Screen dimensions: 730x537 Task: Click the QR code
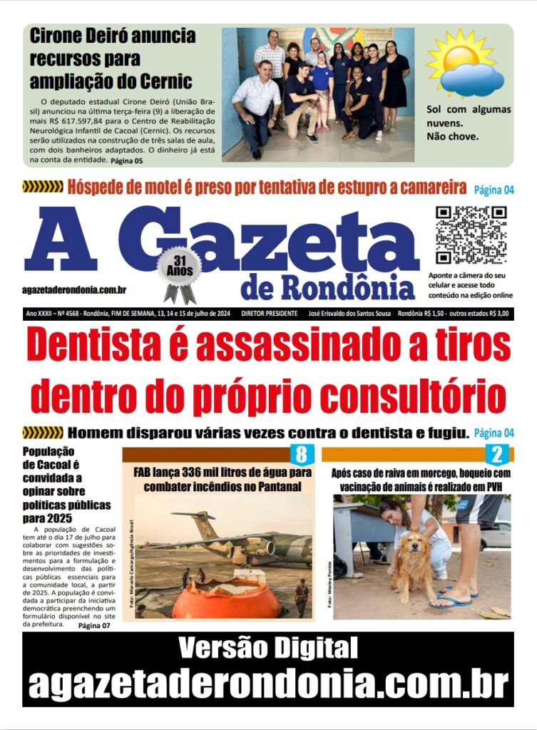[x=471, y=235]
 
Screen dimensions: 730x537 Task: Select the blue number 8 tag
[x=301, y=454]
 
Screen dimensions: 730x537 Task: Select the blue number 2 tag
[x=497, y=454]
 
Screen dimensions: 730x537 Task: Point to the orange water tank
[x=226, y=600]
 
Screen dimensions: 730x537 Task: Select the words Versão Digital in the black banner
[x=267, y=649]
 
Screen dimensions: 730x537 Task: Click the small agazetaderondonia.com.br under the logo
[x=75, y=289]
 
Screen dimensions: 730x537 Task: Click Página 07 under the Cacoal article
[x=94, y=625]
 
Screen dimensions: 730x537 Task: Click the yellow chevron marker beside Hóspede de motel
[x=43, y=187]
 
